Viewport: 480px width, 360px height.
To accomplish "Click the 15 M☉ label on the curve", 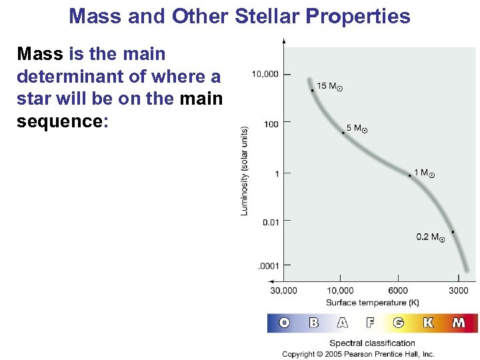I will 331,86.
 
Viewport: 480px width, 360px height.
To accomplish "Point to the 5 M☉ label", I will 357,128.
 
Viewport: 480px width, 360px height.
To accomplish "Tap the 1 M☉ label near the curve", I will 424,173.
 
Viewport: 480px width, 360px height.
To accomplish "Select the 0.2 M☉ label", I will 431,237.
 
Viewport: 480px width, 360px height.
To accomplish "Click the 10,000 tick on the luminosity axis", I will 265,74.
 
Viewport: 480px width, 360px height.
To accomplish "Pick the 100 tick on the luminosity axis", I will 270,123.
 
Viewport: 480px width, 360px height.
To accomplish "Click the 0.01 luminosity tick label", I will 270,222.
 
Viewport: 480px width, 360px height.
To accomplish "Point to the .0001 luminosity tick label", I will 269,266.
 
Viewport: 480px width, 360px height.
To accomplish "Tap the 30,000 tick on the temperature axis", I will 284,291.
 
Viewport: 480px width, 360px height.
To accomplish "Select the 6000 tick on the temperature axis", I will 398,291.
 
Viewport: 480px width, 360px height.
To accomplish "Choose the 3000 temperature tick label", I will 458,291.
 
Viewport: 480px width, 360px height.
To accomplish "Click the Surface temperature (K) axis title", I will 372,303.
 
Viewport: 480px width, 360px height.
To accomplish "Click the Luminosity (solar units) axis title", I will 245,171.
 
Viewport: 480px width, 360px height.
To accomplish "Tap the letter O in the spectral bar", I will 285,323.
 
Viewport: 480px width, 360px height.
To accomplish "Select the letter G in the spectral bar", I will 399,323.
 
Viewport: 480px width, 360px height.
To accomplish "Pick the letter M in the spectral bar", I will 459,323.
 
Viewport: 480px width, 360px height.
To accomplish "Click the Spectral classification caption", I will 372,343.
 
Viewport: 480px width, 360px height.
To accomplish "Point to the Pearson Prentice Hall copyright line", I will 358,354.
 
